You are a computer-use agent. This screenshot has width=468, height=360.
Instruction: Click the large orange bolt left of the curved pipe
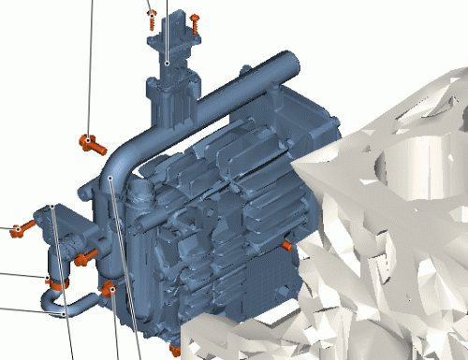[91, 143]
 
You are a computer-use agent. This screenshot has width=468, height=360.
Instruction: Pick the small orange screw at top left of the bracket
[151, 16]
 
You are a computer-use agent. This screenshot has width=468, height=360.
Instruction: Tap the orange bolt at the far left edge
[17, 229]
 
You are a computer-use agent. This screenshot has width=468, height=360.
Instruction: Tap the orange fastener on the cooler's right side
[286, 246]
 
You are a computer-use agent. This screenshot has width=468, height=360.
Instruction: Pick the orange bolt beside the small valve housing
[82, 254]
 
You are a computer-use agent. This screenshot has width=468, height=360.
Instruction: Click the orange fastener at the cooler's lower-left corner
[110, 289]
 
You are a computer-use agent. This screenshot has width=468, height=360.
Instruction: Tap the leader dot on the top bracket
[167, 64]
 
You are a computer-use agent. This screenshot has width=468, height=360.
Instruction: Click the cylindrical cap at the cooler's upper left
[140, 194]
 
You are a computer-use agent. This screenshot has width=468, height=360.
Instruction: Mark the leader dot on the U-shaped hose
[64, 315]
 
